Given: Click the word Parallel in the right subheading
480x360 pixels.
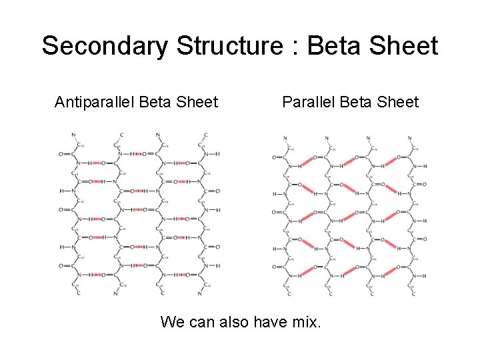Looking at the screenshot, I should pyautogui.click(x=308, y=103).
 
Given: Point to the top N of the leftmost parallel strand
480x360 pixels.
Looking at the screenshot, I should pyautogui.click(x=285, y=139).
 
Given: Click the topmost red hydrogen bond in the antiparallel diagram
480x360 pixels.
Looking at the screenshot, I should pyautogui.click(x=138, y=154).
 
